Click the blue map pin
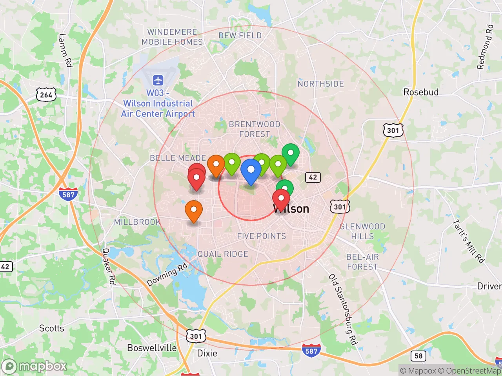(251, 171)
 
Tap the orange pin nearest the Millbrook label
(193, 210)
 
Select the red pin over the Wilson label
(281, 199)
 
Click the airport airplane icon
(158, 81)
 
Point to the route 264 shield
(46, 94)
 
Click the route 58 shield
(418, 356)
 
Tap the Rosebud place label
(421, 92)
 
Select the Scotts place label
(51, 328)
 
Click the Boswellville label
(152, 348)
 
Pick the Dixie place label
(207, 353)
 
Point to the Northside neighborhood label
(320, 84)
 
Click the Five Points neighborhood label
(262, 236)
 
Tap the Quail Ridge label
(223, 254)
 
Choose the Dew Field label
(240, 35)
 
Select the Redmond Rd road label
(485, 47)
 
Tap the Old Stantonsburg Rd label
(343, 309)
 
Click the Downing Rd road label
(167, 275)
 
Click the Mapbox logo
(35, 366)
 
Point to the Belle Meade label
(178, 158)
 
